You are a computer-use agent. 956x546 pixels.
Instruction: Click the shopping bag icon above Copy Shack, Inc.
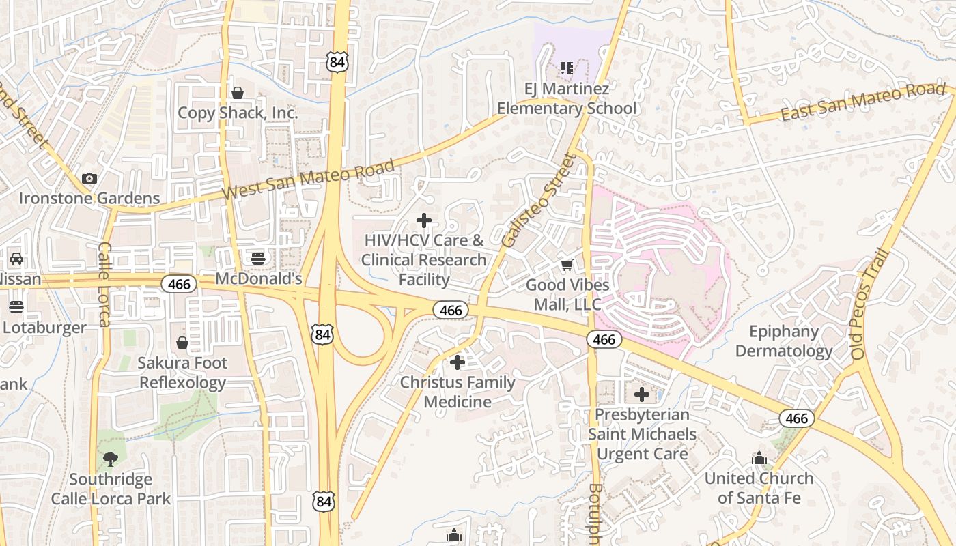click(238, 93)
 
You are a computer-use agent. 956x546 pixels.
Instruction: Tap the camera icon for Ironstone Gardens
click(89, 178)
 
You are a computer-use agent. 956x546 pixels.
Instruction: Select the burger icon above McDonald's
click(258, 258)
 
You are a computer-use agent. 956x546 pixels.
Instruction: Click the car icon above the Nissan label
click(16, 259)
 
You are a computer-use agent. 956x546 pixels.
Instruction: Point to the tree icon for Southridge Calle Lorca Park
click(110, 459)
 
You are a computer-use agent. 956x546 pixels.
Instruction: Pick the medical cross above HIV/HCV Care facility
click(424, 220)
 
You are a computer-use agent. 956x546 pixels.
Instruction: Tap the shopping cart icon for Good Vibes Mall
click(567, 265)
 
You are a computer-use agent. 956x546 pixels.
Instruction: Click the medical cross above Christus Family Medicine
click(458, 362)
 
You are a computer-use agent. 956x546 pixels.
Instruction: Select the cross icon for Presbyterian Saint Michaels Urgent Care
click(642, 394)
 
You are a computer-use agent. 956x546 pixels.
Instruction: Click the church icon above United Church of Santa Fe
click(759, 458)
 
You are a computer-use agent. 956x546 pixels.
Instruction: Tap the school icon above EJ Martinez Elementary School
click(566, 68)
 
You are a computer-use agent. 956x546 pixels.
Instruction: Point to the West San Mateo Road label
click(309, 181)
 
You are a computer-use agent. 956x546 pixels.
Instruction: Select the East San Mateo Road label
click(862, 102)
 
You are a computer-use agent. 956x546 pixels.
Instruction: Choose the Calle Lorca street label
click(104, 284)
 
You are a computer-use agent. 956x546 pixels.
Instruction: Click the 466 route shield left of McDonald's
click(179, 284)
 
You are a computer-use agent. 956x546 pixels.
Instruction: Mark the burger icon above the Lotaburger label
click(16, 306)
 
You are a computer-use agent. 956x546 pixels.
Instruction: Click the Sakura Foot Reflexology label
click(182, 373)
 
